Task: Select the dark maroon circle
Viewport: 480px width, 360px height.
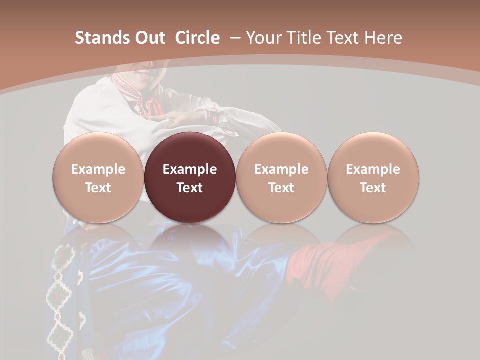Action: coord(190,178)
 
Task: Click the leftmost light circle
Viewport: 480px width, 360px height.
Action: coord(98,178)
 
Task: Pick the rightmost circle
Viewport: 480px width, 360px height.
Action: coord(373,178)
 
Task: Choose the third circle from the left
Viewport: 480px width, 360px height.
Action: coord(281,178)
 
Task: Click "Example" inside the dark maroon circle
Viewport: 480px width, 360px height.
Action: coord(190,169)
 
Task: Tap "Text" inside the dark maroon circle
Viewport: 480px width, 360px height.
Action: coord(190,188)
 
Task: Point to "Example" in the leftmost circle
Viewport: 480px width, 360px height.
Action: coord(98,169)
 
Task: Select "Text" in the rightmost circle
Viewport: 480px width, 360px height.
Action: coord(373,188)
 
